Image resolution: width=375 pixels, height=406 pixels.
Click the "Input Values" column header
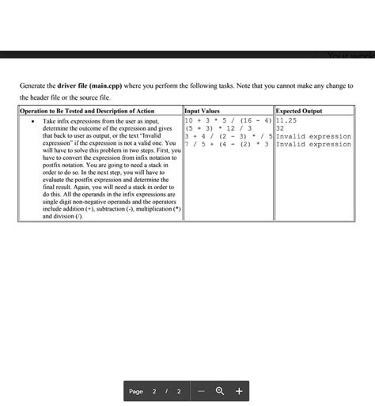(x=202, y=112)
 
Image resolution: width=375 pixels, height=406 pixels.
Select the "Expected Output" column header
(x=299, y=112)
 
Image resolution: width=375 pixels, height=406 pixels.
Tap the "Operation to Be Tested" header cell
(x=87, y=112)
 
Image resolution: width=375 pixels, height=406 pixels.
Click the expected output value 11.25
(x=286, y=120)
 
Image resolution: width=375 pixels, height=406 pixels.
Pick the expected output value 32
(x=280, y=128)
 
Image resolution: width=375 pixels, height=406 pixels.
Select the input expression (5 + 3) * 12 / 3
(x=218, y=128)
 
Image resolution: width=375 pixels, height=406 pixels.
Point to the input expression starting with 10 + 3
(x=228, y=120)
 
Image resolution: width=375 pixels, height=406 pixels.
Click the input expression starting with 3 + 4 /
(x=228, y=136)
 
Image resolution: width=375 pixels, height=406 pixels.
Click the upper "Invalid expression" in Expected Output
(x=313, y=136)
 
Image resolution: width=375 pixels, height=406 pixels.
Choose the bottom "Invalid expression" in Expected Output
(x=313, y=144)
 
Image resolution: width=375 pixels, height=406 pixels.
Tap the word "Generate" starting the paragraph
(x=36, y=85)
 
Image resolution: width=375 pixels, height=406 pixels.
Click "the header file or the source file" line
(x=72, y=97)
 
